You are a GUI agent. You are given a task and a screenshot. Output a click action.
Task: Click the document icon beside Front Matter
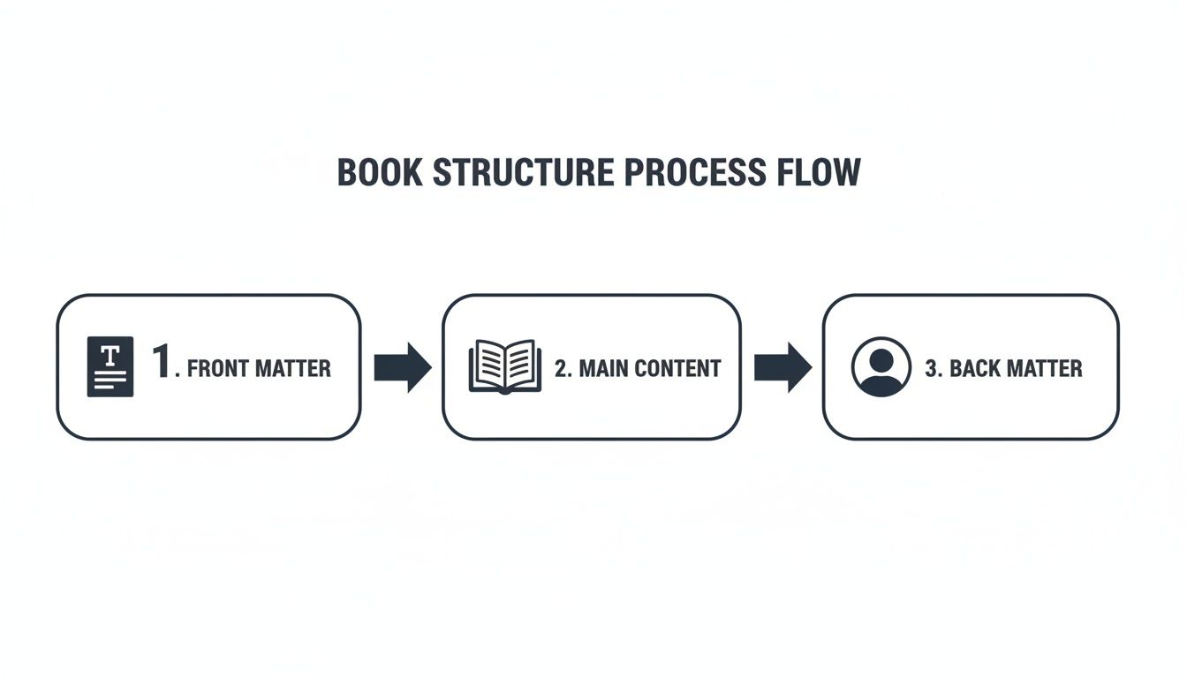click(110, 366)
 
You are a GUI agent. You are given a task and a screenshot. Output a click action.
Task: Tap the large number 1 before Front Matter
click(161, 363)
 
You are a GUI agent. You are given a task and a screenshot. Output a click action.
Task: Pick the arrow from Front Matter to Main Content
click(403, 367)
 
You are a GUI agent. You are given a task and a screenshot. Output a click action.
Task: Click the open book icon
click(504, 366)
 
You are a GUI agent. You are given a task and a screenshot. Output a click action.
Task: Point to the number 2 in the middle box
click(561, 368)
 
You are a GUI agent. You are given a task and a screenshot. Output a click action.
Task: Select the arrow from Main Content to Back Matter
click(783, 367)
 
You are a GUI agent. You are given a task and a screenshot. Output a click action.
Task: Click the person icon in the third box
click(881, 366)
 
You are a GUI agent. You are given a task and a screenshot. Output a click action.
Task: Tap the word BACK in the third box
click(975, 368)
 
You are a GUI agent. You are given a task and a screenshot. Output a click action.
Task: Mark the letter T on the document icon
click(110, 356)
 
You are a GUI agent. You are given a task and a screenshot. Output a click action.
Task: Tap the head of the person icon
click(881, 359)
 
